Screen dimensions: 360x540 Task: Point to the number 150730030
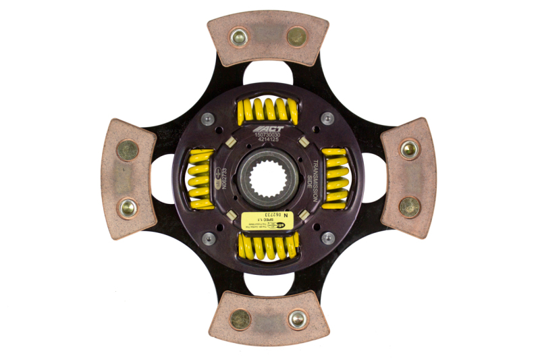click(x=269, y=135)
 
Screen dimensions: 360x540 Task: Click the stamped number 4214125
click(x=269, y=142)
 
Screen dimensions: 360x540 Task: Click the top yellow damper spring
click(x=268, y=110)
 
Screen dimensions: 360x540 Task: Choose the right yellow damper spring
click(x=335, y=178)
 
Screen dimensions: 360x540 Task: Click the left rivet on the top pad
click(x=238, y=36)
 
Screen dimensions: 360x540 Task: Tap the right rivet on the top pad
click(x=296, y=36)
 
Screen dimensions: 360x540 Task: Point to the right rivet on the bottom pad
click(x=297, y=319)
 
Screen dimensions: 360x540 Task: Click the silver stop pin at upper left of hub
click(x=209, y=120)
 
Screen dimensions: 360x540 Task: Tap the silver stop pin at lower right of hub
click(x=327, y=237)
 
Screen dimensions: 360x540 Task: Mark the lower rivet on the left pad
click(x=127, y=207)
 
